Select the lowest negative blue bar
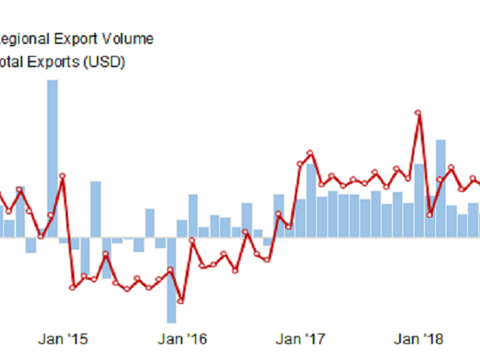click(171, 280)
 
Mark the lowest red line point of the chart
click(182, 302)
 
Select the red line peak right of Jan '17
click(310, 152)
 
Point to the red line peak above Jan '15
click(62, 175)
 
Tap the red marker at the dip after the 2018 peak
click(430, 214)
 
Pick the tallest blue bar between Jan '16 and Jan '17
click(192, 215)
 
